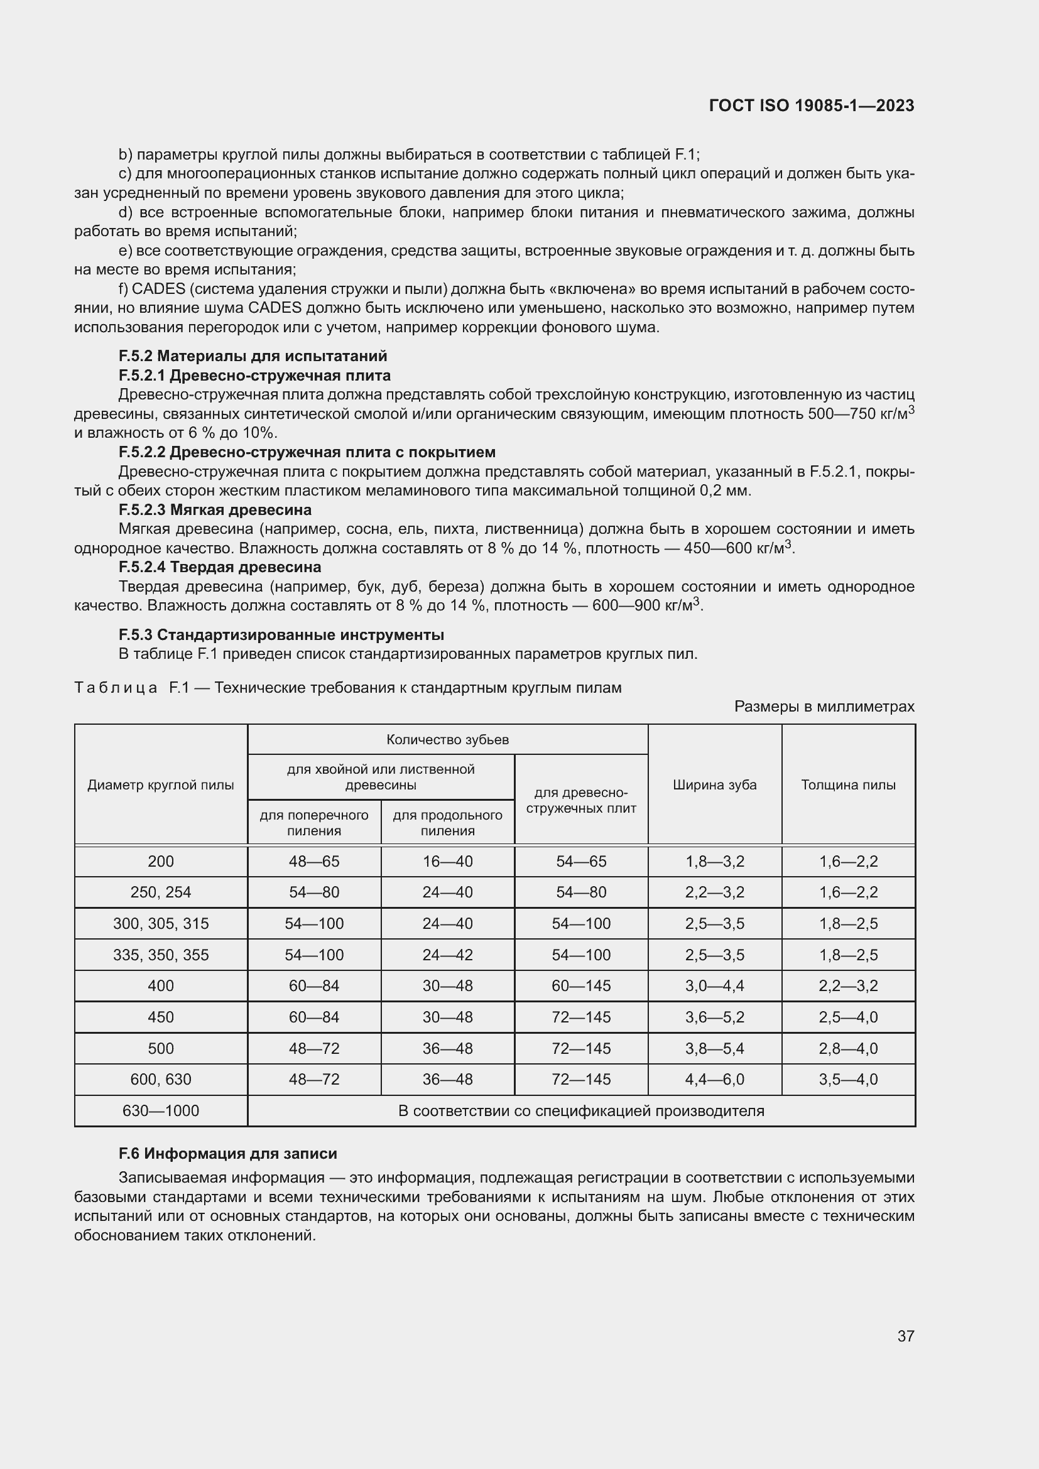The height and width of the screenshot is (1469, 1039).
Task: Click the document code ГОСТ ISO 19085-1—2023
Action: tap(811, 106)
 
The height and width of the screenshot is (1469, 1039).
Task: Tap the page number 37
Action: tap(905, 1336)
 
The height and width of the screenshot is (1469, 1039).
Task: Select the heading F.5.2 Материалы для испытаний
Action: tap(253, 355)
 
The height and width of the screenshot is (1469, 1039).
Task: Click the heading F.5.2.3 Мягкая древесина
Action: tap(215, 510)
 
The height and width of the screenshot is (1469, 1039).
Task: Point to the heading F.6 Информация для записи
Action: tap(227, 1154)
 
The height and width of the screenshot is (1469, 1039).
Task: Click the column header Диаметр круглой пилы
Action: tap(161, 785)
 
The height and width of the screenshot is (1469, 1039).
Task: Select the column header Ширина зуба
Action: tap(715, 785)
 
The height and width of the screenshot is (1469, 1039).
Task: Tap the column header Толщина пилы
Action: tap(848, 785)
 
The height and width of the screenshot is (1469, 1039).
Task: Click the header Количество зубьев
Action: tap(447, 740)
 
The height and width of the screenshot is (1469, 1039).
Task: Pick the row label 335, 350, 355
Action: tap(161, 955)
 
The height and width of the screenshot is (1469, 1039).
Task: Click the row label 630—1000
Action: tap(161, 1111)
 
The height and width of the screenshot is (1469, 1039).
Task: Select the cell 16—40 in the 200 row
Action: tap(447, 862)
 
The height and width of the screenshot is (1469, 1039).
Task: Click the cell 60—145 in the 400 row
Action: tap(581, 986)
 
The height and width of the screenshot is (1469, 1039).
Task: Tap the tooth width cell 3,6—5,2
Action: tap(715, 1017)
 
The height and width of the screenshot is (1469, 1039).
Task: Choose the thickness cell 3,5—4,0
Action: tap(848, 1080)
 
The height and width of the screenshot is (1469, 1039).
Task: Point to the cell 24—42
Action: tap(447, 955)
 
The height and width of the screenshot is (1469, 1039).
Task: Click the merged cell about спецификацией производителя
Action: tap(581, 1111)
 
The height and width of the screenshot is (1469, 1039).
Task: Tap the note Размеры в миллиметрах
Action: tap(824, 707)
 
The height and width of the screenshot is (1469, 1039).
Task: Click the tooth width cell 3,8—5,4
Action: tap(715, 1049)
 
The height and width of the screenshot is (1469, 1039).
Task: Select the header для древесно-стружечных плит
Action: tap(581, 800)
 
